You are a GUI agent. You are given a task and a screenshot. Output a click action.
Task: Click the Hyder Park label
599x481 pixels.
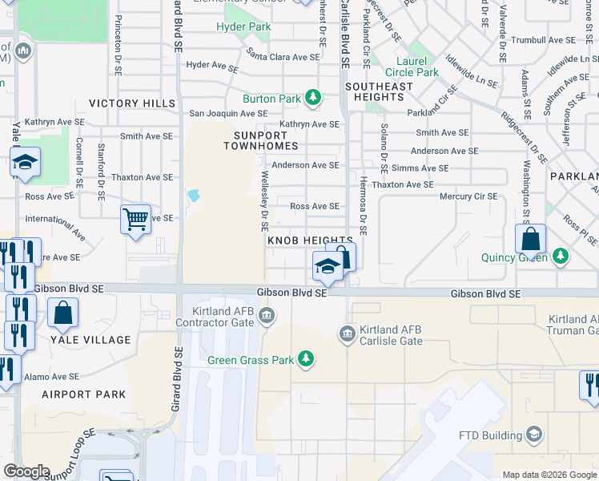pos(243,27)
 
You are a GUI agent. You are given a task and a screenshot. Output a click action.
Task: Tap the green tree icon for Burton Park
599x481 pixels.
pos(313,99)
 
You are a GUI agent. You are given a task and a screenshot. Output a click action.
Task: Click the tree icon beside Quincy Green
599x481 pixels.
pos(561,257)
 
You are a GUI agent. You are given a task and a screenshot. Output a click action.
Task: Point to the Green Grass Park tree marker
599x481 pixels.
pos(305,359)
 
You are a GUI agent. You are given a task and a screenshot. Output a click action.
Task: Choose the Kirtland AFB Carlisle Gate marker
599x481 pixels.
pos(347,333)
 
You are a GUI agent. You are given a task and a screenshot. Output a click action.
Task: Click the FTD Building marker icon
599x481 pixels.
pos(534,435)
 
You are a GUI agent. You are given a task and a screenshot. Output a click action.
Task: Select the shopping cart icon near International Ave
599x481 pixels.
pos(135,219)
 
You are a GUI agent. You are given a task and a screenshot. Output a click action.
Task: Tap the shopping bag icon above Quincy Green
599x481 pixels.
pos(530,239)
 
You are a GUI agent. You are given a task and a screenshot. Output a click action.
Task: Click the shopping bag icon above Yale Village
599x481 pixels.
pos(62,313)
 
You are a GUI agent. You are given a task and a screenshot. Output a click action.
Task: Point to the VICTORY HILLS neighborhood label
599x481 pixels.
pos(131,103)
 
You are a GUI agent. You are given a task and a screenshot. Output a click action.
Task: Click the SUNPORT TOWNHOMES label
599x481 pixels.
pos(260,140)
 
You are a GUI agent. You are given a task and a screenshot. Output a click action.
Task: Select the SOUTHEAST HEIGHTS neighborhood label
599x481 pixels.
pos(379,91)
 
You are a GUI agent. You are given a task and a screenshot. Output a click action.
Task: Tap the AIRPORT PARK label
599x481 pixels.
pos(83,394)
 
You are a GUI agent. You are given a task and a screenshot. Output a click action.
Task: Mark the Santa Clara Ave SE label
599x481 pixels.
pos(283,57)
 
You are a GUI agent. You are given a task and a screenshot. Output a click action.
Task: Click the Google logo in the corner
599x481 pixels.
pos(26,471)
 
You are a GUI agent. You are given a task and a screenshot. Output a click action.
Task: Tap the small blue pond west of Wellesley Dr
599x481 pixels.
pos(193,196)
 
